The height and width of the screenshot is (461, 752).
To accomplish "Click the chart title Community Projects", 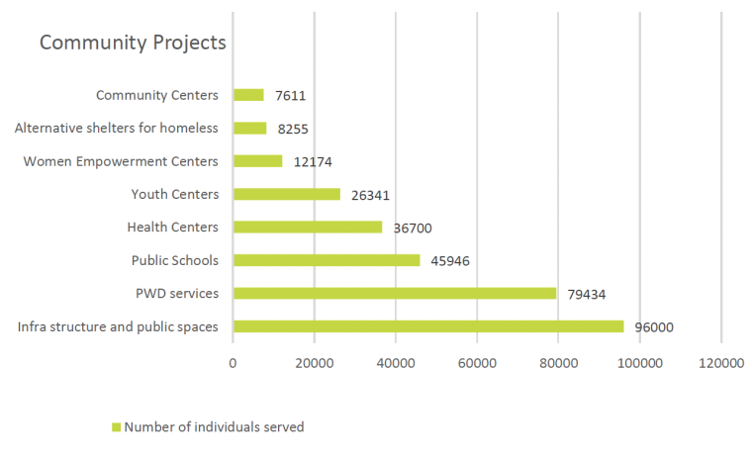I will tap(133, 44).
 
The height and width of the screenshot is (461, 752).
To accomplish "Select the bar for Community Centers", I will tap(248, 95).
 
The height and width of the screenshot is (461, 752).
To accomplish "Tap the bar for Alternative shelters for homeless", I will tap(249, 128).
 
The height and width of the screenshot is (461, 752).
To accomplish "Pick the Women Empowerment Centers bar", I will tap(257, 161).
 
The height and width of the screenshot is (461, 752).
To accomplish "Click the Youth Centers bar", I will tap(286, 194).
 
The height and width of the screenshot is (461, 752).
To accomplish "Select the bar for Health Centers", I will tap(307, 227).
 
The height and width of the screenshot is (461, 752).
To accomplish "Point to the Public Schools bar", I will tap(326, 260).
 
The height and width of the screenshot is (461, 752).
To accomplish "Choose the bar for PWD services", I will tap(394, 293).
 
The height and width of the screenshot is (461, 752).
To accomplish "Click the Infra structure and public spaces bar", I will tap(427, 326).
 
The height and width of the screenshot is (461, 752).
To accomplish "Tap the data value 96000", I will tap(654, 327).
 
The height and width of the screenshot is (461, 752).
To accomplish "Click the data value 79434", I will tap(587, 294).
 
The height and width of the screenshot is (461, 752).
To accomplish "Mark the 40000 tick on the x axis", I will tap(395, 364).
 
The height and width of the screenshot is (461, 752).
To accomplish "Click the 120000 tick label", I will tap(719, 364).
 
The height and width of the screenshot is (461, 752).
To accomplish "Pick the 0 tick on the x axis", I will tap(233, 364).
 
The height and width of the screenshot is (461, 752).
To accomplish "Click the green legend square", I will tap(115, 427).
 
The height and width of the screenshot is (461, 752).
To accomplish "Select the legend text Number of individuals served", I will tap(214, 427).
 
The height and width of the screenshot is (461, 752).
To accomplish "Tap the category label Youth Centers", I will tap(174, 194).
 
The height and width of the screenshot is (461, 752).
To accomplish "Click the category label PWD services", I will tap(176, 293).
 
